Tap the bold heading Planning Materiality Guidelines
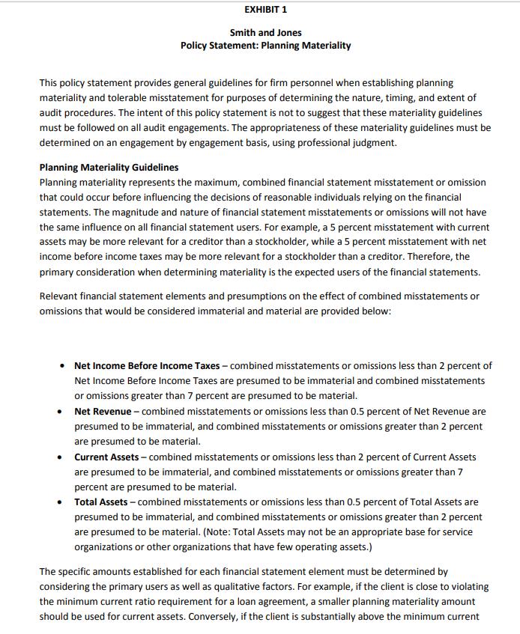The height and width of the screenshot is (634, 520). (109, 167)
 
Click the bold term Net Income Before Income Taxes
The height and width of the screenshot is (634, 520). (147, 366)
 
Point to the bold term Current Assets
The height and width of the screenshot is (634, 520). (106, 457)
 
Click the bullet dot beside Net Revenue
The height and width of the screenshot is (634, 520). (59, 412)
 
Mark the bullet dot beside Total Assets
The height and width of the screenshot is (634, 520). (59, 502)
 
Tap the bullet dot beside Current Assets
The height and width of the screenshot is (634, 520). (59, 457)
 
